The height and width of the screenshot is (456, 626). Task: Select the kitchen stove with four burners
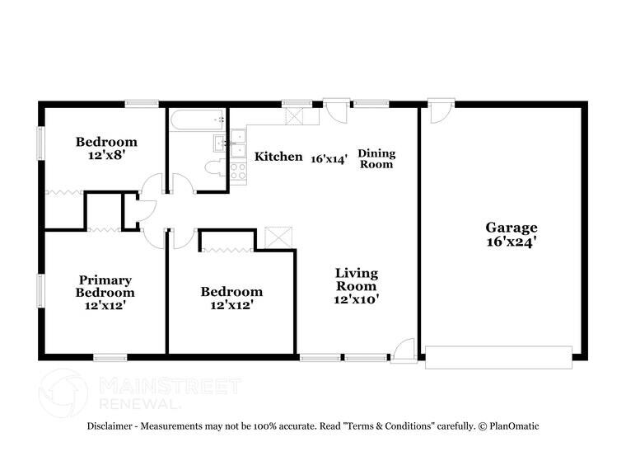[x=238, y=172]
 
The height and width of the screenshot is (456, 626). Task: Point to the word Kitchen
[x=278, y=157]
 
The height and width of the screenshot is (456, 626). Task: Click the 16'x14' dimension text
[x=329, y=157]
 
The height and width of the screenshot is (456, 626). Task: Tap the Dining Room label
[x=376, y=158]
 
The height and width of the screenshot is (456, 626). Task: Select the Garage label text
[x=511, y=228]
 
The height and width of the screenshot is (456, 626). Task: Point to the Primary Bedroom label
[x=105, y=286]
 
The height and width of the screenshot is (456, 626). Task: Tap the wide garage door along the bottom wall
[x=498, y=357]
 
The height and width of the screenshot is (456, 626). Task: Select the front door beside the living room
[x=403, y=350]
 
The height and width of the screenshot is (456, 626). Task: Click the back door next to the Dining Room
[x=336, y=110]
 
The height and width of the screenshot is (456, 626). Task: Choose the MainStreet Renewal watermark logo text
[x=169, y=393]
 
